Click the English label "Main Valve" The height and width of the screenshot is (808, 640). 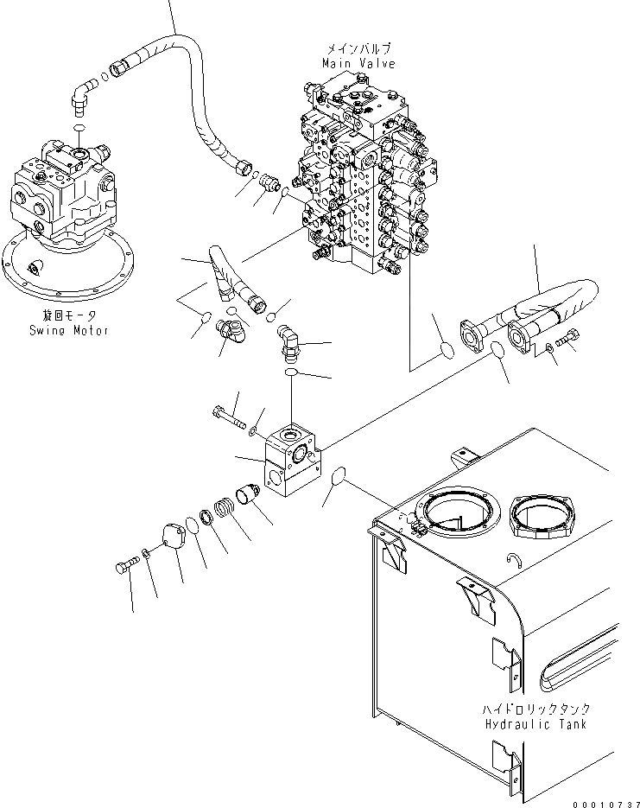coord(358,63)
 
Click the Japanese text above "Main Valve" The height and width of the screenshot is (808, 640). coord(358,50)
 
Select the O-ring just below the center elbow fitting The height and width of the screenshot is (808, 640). coord(291,372)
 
